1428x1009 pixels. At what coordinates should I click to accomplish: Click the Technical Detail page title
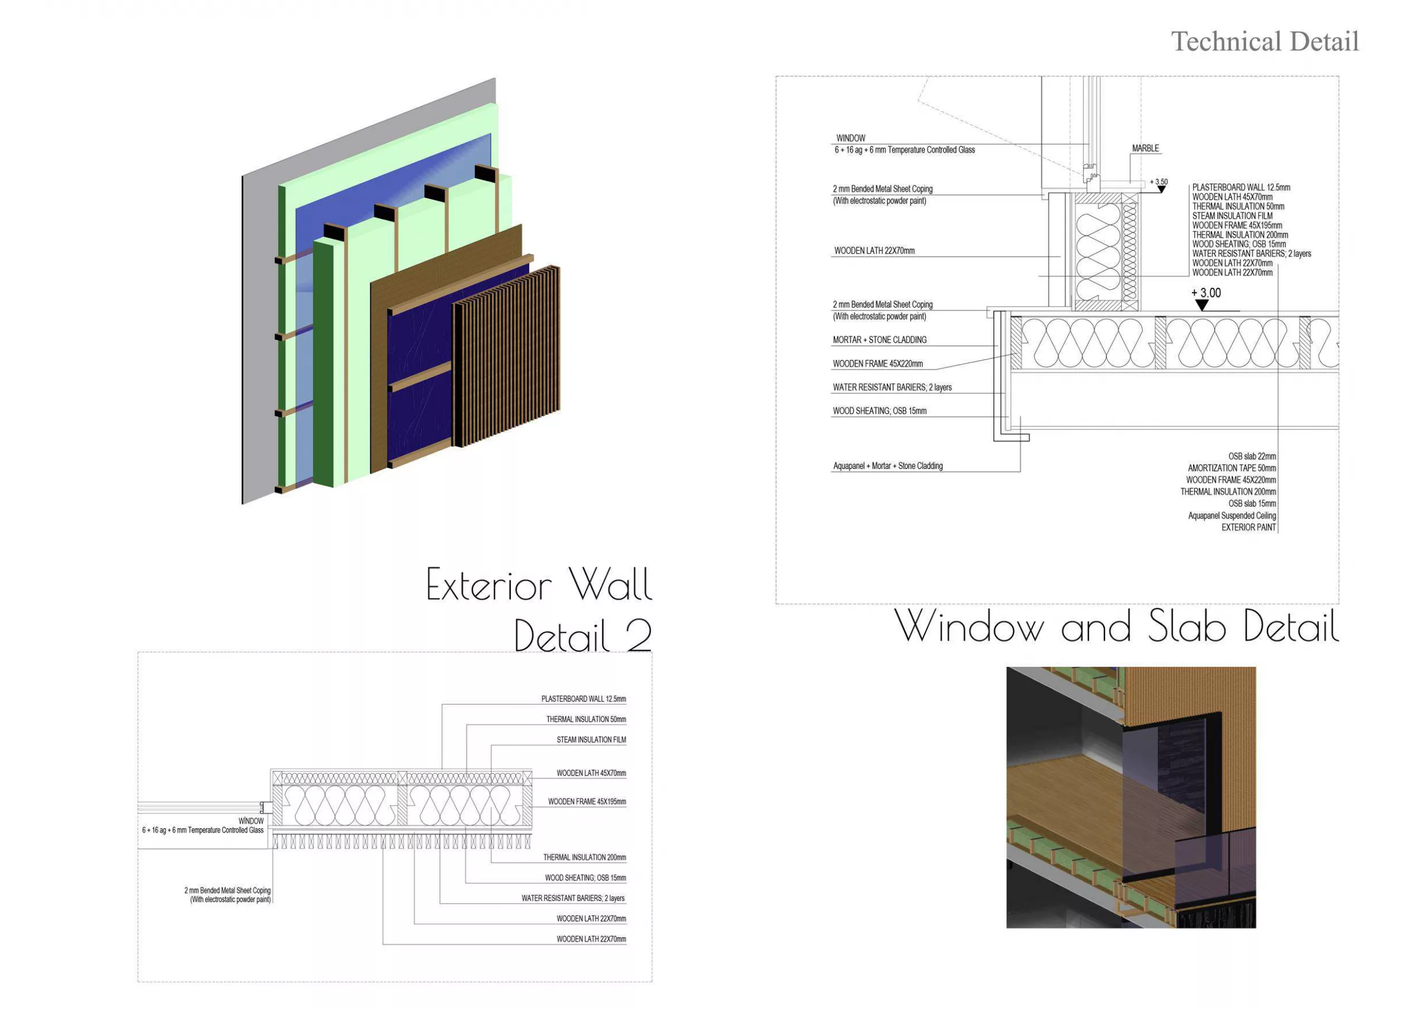coord(1265,42)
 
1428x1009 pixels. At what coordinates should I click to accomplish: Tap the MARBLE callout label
coord(1145,149)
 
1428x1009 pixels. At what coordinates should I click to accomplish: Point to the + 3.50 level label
coord(1159,182)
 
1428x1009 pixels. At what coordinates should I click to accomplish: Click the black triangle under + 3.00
coord(1202,305)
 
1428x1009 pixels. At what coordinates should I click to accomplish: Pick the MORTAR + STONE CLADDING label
coord(880,340)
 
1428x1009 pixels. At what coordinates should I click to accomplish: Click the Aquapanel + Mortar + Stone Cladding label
coord(887,466)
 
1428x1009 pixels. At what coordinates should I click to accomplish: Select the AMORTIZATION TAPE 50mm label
coord(1232,468)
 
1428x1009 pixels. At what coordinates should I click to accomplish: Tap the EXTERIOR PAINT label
coord(1248,528)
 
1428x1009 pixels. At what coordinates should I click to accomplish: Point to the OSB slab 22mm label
coord(1251,457)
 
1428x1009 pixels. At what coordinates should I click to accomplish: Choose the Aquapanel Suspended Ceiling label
coord(1232,516)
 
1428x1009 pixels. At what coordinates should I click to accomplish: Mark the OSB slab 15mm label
coord(1251,503)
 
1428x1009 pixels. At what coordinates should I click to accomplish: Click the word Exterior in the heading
coord(489,586)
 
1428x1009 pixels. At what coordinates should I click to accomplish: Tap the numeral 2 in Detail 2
coord(638,636)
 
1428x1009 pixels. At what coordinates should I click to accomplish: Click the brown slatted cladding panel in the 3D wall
coord(507,357)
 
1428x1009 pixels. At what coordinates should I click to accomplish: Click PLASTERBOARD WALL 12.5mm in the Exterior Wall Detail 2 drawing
coord(583,700)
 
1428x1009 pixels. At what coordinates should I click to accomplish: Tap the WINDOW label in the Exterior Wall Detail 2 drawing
coord(250,821)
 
